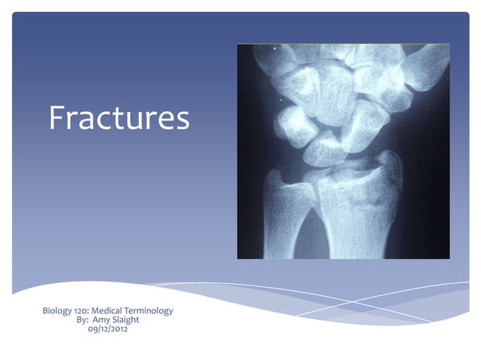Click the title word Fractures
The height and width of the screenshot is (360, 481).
119,117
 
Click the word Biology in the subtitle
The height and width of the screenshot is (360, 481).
59,310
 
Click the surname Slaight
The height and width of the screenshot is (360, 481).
128,319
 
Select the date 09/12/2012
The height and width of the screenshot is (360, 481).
108,328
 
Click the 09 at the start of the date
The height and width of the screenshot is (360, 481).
93,328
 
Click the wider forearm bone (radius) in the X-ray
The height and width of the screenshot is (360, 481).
354,218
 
